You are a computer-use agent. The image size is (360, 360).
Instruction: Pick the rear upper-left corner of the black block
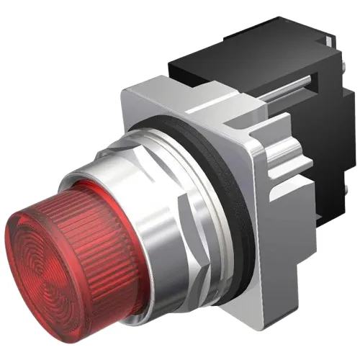click(x=173, y=61)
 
